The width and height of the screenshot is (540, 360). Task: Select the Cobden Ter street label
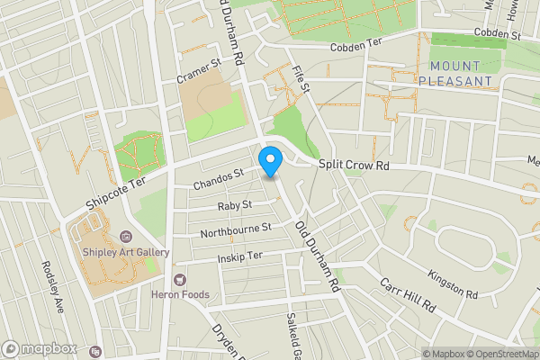pos(357,48)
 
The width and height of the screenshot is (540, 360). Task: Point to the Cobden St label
pos(492,33)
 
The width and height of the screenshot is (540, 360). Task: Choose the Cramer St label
pos(198,70)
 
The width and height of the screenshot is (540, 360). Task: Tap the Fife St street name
pos(301,78)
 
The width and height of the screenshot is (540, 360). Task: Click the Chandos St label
pos(219,180)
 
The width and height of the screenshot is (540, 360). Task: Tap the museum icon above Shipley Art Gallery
pos(126,237)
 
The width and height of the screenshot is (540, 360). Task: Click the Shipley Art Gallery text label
pos(126,252)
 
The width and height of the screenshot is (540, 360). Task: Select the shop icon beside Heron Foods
pos(178,280)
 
